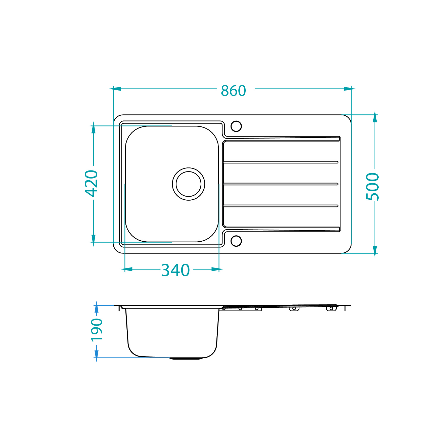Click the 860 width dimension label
point(233,91)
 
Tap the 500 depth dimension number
point(373,187)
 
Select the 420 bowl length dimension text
point(91,183)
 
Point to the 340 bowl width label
point(175,270)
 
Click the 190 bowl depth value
point(97,330)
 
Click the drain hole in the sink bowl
point(189,184)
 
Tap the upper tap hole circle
point(236,126)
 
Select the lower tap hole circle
point(236,241)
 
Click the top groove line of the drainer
point(281,162)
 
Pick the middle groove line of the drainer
point(281,184)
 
